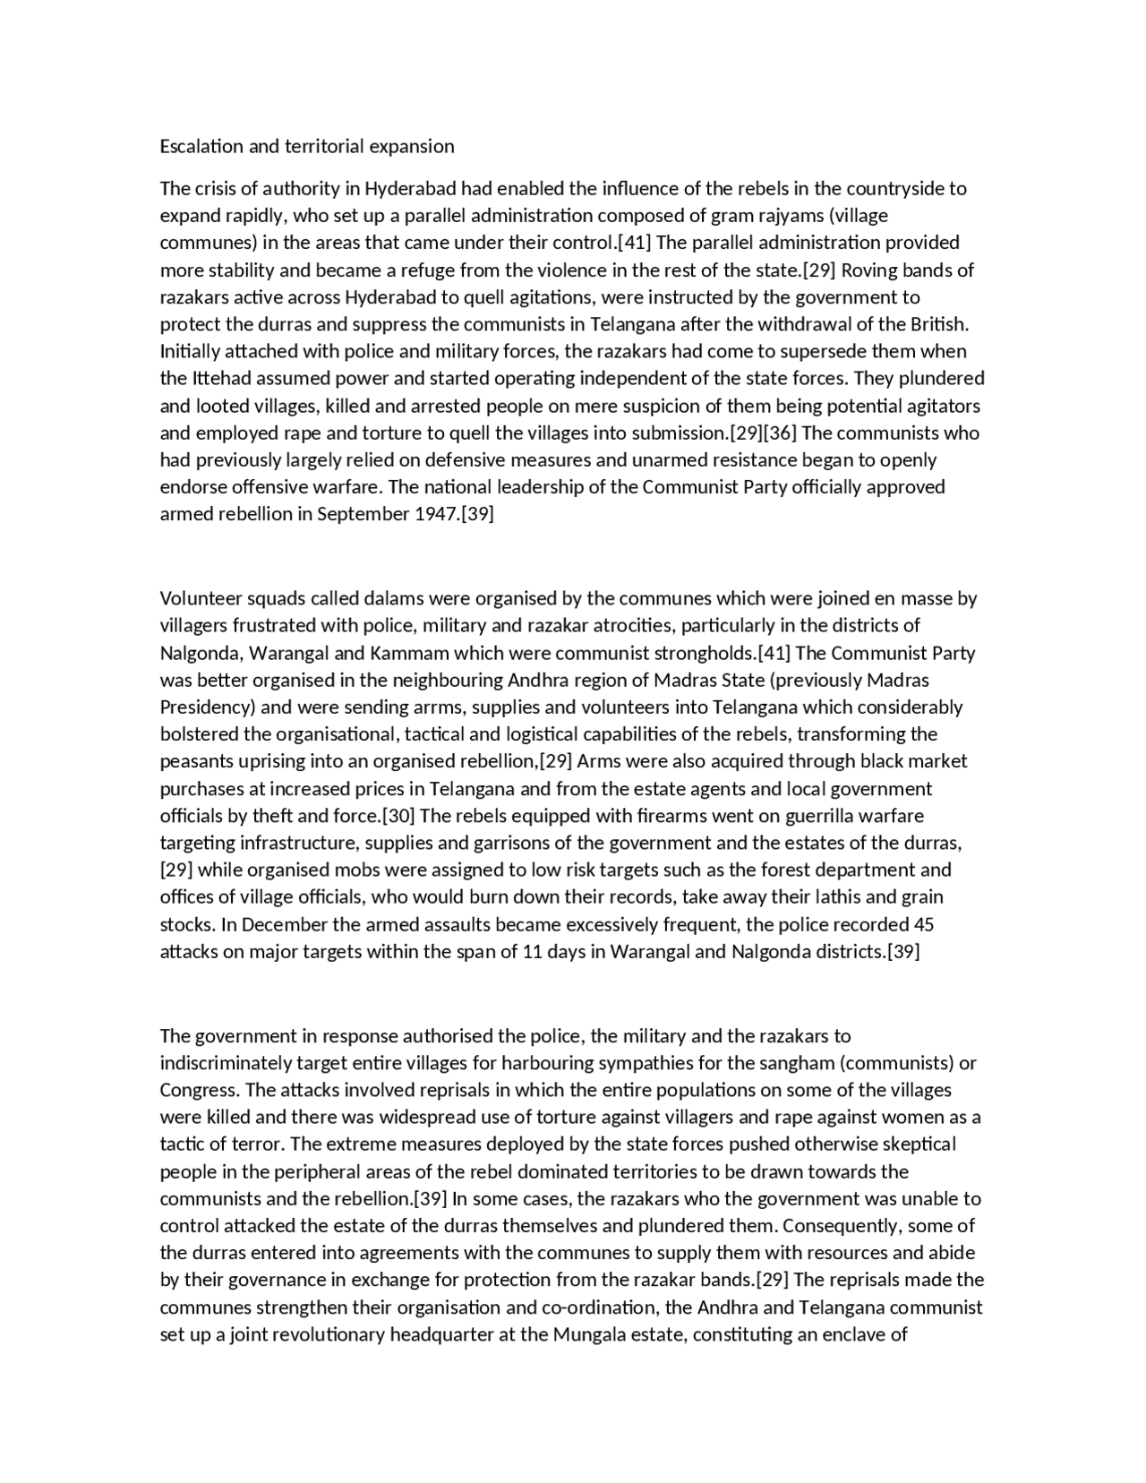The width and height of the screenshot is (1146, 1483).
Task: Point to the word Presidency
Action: [x=208, y=707]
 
